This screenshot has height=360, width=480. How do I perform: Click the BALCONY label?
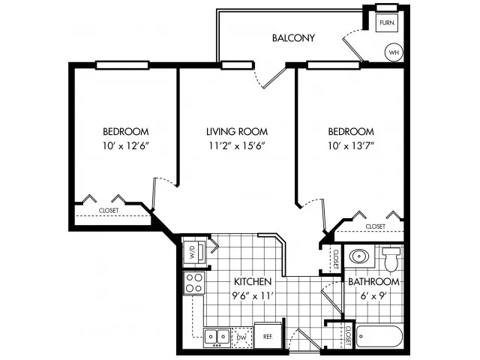click(x=293, y=38)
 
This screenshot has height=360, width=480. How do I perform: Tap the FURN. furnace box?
click(x=387, y=22)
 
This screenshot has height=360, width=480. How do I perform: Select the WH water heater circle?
click(x=394, y=52)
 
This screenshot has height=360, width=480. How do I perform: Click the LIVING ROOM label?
click(x=237, y=132)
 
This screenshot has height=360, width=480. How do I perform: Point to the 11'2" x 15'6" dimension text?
click(x=237, y=145)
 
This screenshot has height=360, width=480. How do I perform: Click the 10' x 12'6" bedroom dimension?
click(x=125, y=145)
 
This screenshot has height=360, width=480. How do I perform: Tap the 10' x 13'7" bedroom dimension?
click(x=351, y=145)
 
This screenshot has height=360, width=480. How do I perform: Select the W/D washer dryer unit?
click(x=194, y=253)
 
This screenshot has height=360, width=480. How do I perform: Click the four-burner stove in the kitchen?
click(x=194, y=283)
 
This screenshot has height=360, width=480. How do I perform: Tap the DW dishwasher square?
click(x=241, y=337)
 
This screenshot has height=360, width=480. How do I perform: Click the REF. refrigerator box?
click(x=268, y=335)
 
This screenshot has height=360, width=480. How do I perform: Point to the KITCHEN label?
click(x=253, y=282)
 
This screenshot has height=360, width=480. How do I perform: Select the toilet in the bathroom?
click(x=391, y=259)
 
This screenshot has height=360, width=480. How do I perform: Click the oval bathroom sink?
click(x=358, y=256)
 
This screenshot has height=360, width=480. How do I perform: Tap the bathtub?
click(x=379, y=337)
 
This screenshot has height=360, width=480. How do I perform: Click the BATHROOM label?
click(x=373, y=282)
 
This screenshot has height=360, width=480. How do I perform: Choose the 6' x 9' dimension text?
click(x=374, y=295)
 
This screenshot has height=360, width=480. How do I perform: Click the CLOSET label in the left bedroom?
click(x=109, y=211)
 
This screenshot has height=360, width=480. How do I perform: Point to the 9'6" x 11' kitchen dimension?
click(x=253, y=295)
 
